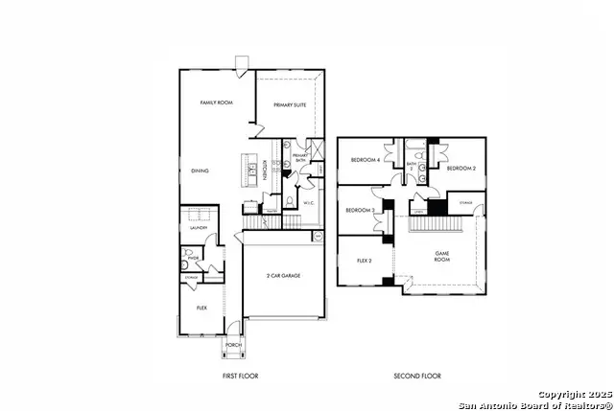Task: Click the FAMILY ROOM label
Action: [217, 103]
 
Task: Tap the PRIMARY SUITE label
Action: [290, 105]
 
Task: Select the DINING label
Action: [200, 171]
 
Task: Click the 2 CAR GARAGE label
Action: [284, 275]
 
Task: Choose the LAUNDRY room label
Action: [199, 228]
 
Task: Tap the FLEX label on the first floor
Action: [202, 308]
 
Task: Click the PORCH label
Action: [233, 346]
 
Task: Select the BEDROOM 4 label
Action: [365, 159]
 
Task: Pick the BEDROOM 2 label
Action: [462, 168]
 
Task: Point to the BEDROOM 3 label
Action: [359, 210]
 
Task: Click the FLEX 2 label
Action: [365, 260]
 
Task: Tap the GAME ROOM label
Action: [441, 256]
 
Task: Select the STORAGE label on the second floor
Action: [465, 203]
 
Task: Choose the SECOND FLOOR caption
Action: [417, 377]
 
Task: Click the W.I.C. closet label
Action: [308, 203]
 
